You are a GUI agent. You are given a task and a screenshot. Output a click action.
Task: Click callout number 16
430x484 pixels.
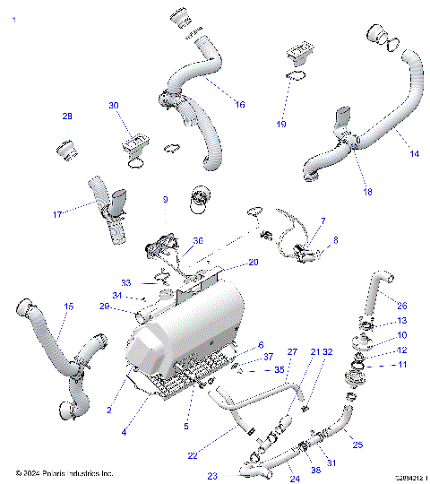pyautogui.click(x=239, y=105)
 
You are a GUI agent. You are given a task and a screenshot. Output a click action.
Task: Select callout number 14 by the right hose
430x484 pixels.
pyautogui.click(x=414, y=154)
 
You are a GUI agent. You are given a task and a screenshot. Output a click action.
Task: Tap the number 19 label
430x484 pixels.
pyautogui.click(x=281, y=124)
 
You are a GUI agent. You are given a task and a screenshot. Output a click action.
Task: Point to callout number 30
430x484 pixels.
pyautogui.click(x=113, y=106)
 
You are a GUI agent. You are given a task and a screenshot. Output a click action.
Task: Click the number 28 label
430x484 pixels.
pyautogui.click(x=66, y=117)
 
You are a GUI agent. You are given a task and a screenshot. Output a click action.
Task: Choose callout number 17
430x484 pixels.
pyautogui.click(x=57, y=214)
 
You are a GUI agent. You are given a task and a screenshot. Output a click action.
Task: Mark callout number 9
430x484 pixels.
pyautogui.click(x=165, y=199)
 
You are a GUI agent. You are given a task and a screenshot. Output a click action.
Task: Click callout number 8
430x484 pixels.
pyautogui.click(x=336, y=240)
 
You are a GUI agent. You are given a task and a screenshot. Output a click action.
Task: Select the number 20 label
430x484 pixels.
pyautogui.click(x=254, y=263)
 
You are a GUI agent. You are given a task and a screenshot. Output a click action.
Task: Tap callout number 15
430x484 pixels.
pyautogui.click(x=69, y=307)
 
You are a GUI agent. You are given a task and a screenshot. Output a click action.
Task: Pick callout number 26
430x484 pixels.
pyautogui.click(x=401, y=305)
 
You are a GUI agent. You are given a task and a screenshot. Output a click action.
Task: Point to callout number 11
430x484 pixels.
pyautogui.click(x=401, y=365)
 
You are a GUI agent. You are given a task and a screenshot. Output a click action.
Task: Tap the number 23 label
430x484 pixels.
pyautogui.click(x=212, y=475)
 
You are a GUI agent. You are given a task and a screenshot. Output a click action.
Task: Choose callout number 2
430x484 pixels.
pyautogui.click(x=109, y=410)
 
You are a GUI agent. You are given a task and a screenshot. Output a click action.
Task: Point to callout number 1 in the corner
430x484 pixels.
pyautogui.click(x=13, y=17)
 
